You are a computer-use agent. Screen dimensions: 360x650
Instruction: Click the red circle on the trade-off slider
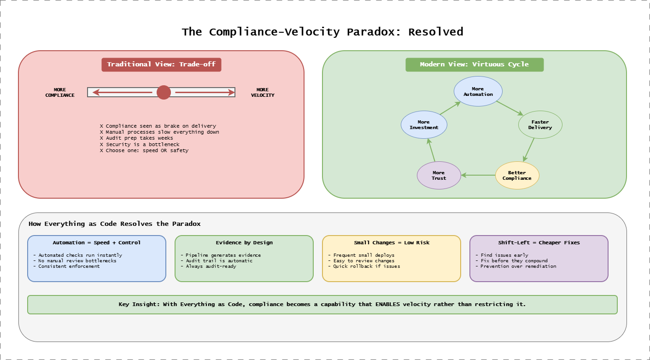[x=164, y=92]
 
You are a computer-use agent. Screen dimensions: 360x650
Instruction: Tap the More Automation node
[x=478, y=91]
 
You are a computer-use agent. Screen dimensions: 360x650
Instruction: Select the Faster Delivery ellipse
[x=540, y=125]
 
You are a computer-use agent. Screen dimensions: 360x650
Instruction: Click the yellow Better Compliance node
[x=517, y=175]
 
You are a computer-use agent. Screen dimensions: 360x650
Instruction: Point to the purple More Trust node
[x=439, y=175]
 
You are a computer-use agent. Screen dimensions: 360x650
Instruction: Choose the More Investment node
[x=424, y=125]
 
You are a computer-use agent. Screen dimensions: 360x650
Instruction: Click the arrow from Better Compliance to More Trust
[x=478, y=175]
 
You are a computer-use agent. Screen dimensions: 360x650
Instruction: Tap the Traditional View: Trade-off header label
[x=161, y=65]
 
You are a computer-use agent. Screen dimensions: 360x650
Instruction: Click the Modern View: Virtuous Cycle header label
[x=474, y=65]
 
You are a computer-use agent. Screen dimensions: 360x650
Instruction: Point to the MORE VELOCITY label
[x=263, y=93]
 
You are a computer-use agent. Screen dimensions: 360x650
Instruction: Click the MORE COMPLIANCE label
[x=60, y=93]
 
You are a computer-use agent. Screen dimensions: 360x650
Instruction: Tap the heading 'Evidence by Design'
[x=244, y=242]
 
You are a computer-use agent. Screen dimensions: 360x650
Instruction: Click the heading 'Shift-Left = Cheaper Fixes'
[x=539, y=242]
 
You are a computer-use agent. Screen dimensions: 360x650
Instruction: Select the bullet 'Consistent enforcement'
[x=69, y=266]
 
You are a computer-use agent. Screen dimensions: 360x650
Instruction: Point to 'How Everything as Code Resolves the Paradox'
[x=115, y=224]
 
